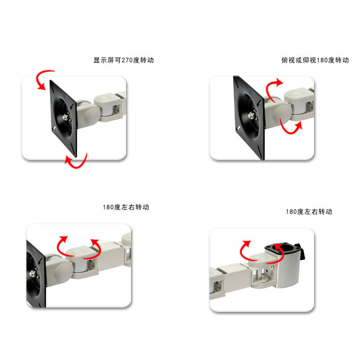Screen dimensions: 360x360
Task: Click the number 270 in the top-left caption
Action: coord(127,60)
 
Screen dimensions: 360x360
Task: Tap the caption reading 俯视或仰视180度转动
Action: coord(315,60)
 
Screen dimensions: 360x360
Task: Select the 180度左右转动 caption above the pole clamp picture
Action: coord(309,211)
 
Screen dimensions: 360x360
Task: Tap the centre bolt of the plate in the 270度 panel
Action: coord(67,117)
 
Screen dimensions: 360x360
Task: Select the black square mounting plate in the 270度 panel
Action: coord(63,118)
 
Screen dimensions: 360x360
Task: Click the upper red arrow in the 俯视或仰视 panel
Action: coord(269,88)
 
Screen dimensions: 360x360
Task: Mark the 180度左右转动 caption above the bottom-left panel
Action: coord(126,207)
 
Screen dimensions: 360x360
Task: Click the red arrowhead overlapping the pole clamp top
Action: coord(279,247)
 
